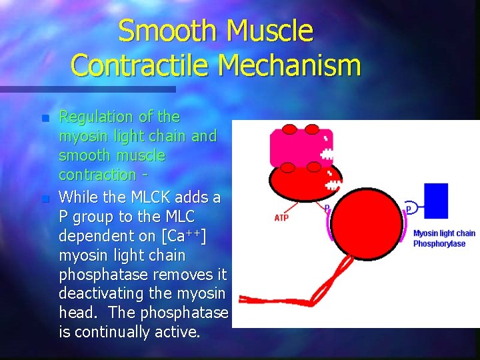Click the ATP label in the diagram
[282, 217]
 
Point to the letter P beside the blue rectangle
[408, 209]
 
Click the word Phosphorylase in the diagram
[439, 244]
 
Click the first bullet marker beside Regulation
[45, 119]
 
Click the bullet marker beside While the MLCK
[45, 199]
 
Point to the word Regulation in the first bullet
[97, 117]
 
